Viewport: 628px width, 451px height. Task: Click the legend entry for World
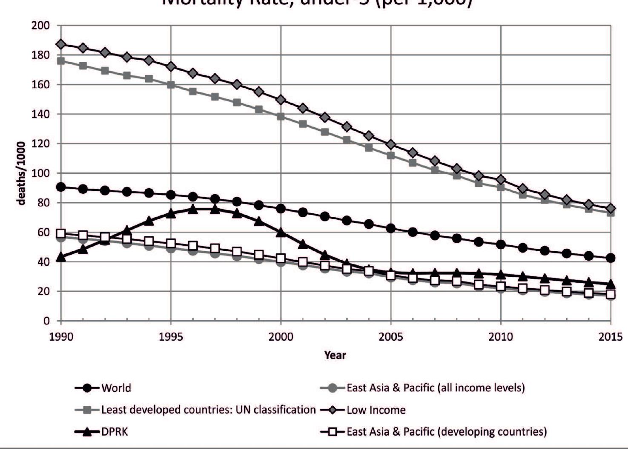(116, 388)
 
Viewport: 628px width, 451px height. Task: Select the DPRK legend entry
(114, 432)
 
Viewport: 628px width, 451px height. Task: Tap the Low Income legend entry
(376, 410)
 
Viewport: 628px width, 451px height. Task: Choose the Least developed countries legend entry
(208, 410)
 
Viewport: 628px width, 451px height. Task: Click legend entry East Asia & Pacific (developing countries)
(446, 432)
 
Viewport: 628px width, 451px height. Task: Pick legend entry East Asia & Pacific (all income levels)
(435, 388)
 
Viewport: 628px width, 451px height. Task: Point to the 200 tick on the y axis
(40, 26)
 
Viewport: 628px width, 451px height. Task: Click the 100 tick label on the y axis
(40, 173)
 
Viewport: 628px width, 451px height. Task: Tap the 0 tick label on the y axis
(46, 321)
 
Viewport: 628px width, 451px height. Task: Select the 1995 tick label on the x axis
(171, 337)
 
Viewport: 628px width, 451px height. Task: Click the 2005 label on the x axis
(391, 337)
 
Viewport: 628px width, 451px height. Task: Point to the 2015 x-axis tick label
(610, 337)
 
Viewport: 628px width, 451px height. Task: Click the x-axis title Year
(335, 355)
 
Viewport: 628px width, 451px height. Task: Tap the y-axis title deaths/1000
(21, 173)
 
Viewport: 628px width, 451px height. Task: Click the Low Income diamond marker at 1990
(61, 44)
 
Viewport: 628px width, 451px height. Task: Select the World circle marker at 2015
(611, 258)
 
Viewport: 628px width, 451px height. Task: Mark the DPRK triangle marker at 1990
(61, 257)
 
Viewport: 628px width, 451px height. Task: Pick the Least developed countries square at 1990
(61, 61)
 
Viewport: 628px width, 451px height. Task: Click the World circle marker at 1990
(61, 187)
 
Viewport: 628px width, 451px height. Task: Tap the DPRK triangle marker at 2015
(611, 284)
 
